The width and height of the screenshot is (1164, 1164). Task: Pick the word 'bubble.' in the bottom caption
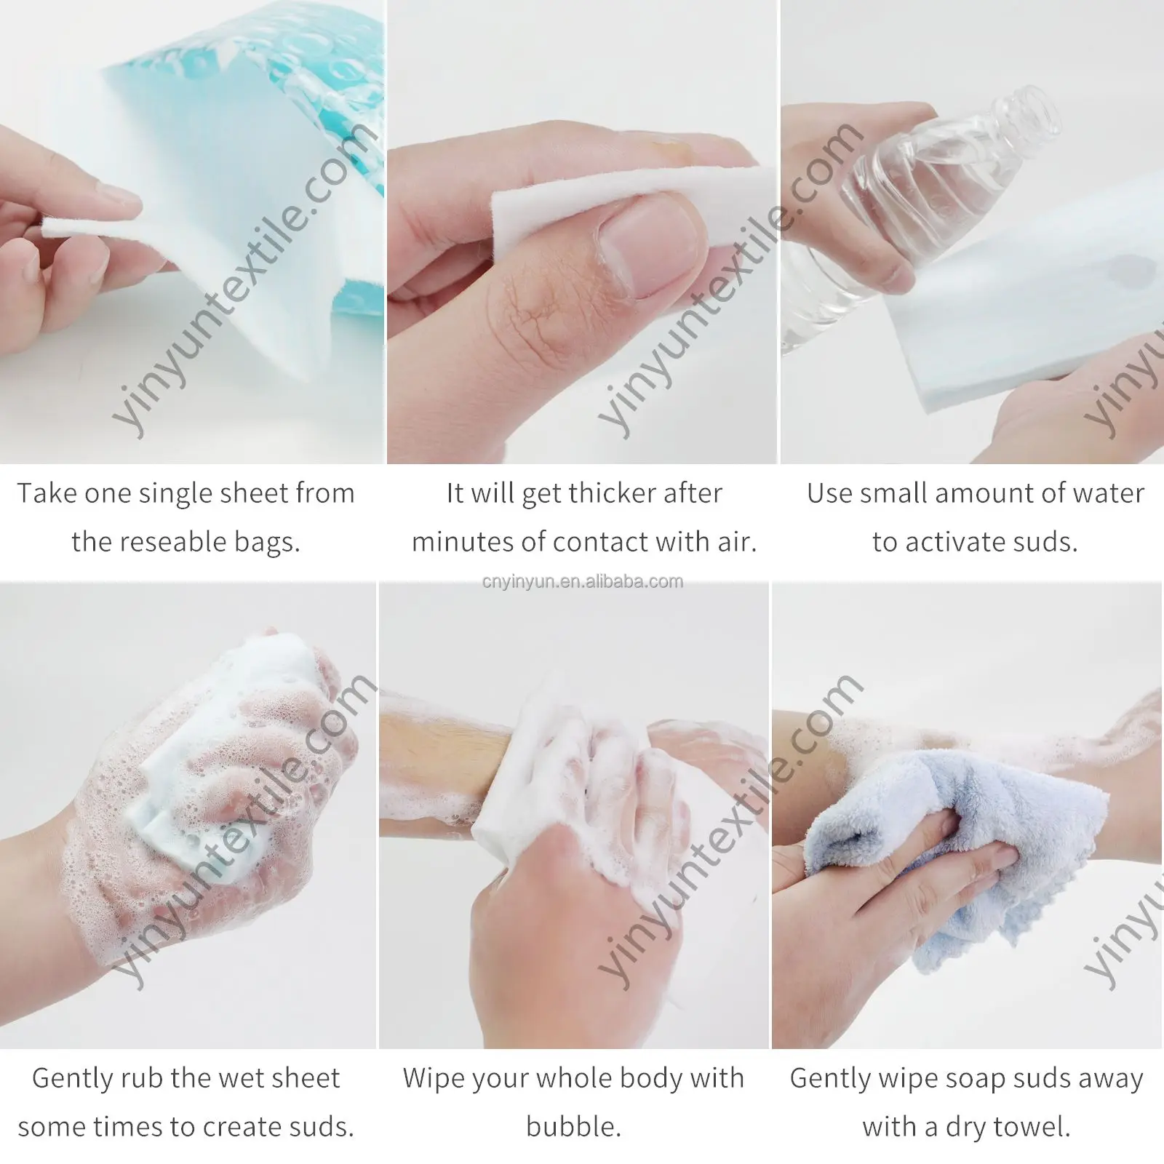[573, 1127]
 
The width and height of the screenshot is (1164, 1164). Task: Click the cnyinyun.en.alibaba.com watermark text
[582, 582]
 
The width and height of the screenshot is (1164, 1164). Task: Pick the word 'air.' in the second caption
[737, 542]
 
